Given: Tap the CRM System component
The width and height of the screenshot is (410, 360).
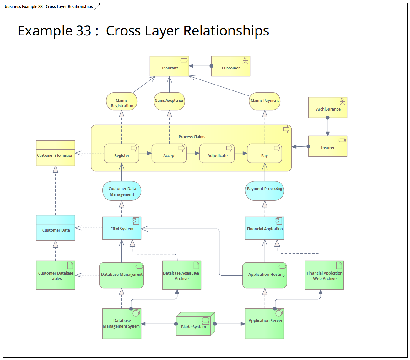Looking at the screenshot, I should point(122,228).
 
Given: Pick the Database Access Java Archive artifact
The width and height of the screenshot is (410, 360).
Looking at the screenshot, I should point(181,275).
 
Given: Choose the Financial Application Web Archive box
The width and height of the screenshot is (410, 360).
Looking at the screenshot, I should point(324,275).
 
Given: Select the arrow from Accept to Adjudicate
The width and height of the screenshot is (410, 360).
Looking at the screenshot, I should point(193,153).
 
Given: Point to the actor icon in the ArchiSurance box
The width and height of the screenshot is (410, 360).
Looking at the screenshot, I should point(342,101).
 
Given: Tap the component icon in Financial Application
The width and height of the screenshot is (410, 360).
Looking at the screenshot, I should point(279,221).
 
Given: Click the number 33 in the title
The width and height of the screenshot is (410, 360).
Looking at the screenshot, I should point(84,31).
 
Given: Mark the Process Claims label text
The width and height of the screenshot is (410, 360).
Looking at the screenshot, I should point(192,137).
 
